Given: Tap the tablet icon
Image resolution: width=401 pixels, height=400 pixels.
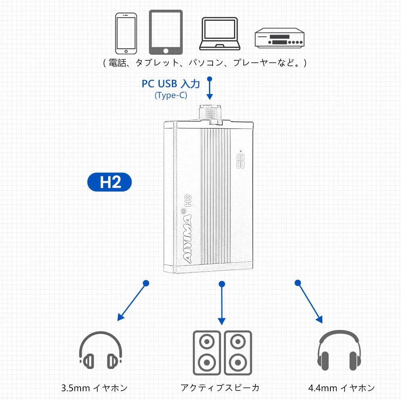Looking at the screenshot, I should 165,32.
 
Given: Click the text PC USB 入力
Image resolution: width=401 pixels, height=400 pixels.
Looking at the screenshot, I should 170,84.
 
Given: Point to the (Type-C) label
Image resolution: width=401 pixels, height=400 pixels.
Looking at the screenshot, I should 171,95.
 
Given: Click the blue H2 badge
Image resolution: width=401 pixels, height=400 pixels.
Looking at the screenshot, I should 110,182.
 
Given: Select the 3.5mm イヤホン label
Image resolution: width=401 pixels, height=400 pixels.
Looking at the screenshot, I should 94,388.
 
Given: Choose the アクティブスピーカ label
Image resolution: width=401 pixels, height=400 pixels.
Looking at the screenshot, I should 220,388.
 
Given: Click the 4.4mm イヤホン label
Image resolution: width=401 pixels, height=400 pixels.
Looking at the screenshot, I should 341,388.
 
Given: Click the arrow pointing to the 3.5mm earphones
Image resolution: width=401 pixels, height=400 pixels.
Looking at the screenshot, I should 132,302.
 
